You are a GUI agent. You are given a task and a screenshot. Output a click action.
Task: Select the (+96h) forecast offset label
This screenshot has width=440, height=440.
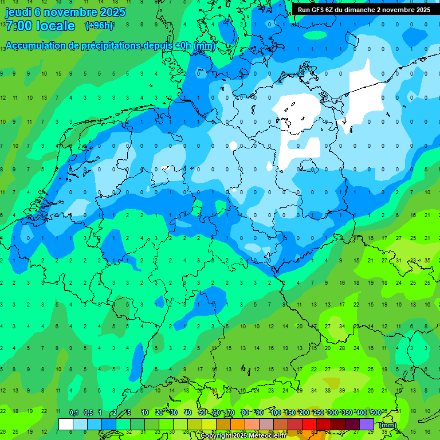click(x=99, y=25)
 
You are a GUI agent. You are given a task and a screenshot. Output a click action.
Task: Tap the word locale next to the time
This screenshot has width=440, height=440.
click(x=55, y=26)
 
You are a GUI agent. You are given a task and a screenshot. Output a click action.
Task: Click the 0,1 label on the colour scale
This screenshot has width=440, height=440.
click(x=73, y=412)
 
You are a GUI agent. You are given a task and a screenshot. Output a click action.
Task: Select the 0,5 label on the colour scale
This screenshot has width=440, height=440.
click(x=88, y=412)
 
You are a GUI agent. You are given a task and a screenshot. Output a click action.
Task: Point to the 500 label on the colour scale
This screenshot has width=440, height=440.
click(x=375, y=412)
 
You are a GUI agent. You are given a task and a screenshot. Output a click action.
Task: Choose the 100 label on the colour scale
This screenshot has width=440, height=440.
click(x=275, y=412)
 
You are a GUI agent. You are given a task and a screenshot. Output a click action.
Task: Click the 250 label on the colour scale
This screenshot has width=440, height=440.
click(x=318, y=412)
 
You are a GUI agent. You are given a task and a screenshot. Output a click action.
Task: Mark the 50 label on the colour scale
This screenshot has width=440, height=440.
click(x=202, y=412)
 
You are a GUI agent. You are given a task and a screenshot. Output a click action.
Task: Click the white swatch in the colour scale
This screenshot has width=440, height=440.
click(x=65, y=424)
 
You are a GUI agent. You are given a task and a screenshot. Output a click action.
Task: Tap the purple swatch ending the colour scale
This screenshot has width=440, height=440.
click(x=367, y=424)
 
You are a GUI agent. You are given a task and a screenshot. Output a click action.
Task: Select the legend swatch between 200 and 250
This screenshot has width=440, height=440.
click(x=309, y=424)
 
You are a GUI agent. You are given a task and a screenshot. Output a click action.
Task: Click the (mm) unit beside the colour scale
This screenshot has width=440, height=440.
click(x=388, y=425)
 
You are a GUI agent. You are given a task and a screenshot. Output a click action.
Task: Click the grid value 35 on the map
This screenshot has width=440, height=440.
click(x=427, y=260)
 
